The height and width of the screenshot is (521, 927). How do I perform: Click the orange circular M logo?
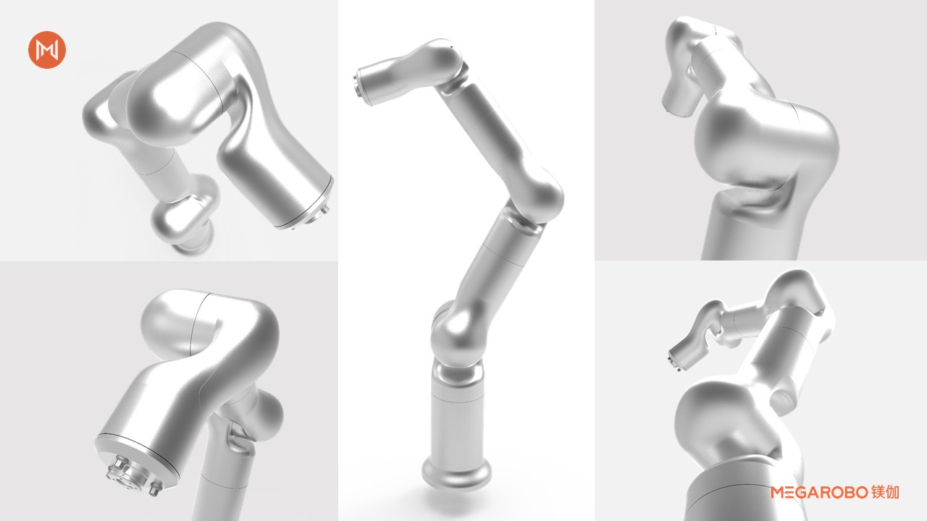[x=47, y=50]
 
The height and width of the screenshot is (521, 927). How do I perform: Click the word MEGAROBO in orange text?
[x=819, y=492]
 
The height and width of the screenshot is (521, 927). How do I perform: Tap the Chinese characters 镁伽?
[x=885, y=492]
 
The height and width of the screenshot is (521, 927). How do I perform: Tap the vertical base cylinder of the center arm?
[x=456, y=418]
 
